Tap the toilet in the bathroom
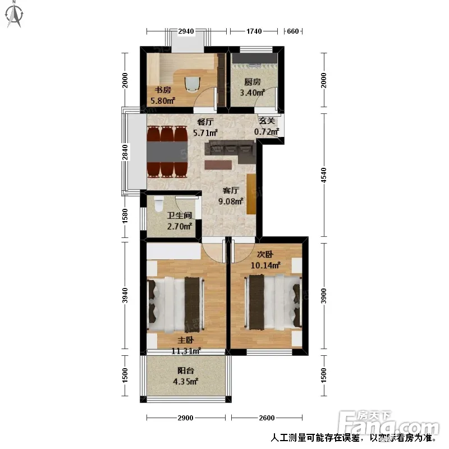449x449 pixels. coord(159,203)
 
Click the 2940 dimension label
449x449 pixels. coord(186,31)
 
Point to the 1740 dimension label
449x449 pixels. coord(254,31)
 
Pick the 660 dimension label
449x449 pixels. coord(292,31)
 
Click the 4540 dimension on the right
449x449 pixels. coord(324,175)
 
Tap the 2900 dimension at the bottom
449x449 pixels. coord(185,418)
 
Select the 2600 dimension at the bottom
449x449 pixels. coord(267,418)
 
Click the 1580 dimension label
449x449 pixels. coord(125,216)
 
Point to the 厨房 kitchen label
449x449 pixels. coord(252,82)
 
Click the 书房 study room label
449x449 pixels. coord(163,90)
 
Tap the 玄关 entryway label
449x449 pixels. coord(267,121)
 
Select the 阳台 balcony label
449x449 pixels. coord(186,370)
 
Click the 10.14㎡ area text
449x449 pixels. coord(265,265)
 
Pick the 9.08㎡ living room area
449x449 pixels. coord(231,201)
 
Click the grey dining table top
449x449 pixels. coord(167,152)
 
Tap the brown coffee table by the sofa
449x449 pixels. coord(218,165)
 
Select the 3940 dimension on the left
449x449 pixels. coord(125,296)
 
